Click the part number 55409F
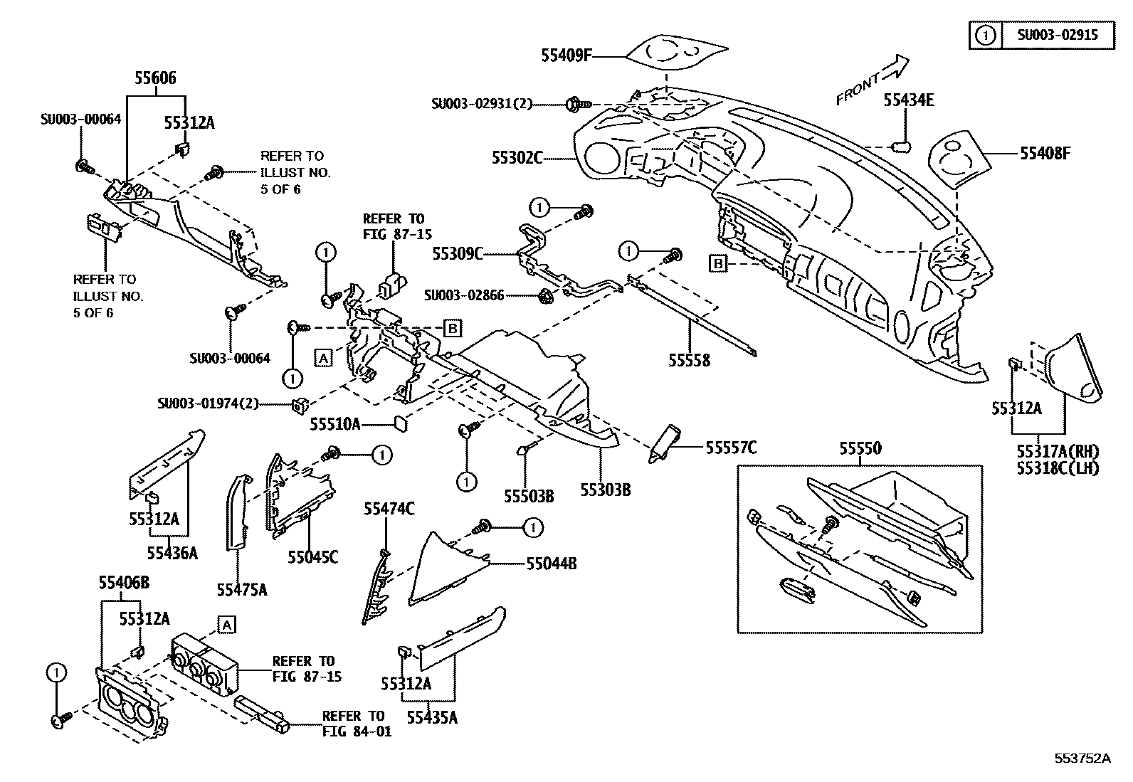(x=566, y=55)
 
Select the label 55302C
(x=517, y=157)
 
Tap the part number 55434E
(x=909, y=100)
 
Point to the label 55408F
(x=1045, y=153)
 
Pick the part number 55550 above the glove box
(x=860, y=448)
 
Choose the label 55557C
(x=731, y=447)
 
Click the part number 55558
(x=689, y=361)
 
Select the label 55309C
(x=458, y=253)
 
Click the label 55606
(x=156, y=78)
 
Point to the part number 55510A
(x=334, y=425)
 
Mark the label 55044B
(x=552, y=564)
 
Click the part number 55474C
(x=389, y=508)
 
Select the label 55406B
(x=124, y=583)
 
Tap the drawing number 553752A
(x=1082, y=758)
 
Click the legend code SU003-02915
(x=1057, y=34)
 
